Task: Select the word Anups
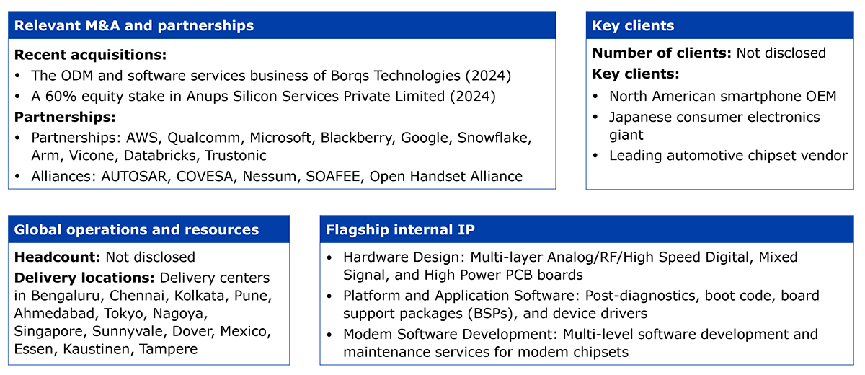(207, 97)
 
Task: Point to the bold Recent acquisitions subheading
(90, 55)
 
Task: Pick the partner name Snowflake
(494, 138)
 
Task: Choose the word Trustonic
(236, 155)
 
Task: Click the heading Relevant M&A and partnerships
(134, 25)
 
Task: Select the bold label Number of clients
(662, 53)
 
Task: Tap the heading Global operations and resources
(136, 230)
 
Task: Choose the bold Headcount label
(58, 257)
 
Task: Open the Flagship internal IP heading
(401, 230)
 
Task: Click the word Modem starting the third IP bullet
(366, 334)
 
